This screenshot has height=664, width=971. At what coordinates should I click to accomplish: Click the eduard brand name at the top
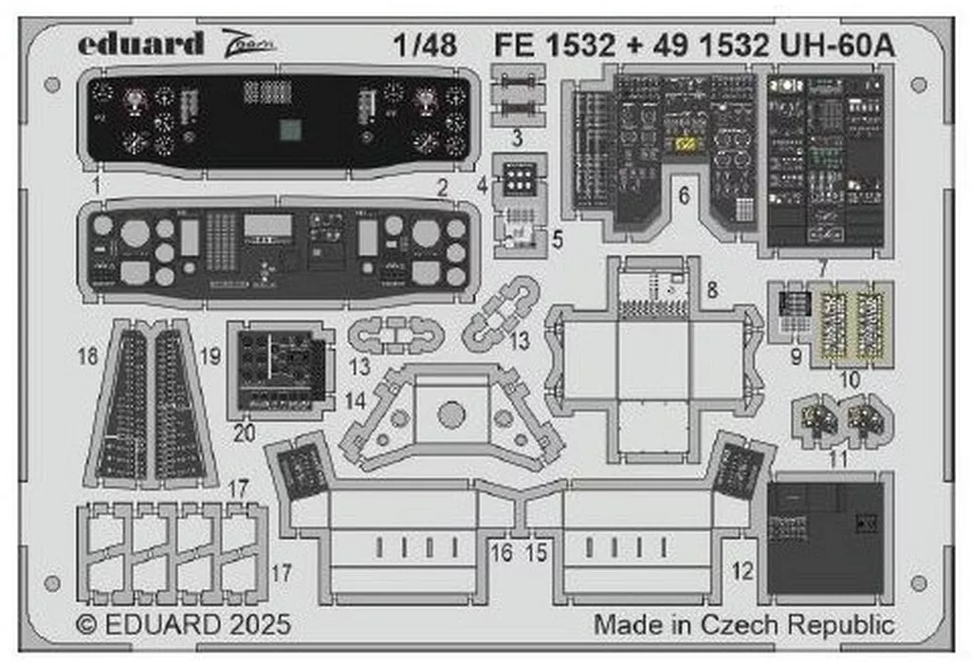140,43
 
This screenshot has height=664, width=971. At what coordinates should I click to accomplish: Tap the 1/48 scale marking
423,45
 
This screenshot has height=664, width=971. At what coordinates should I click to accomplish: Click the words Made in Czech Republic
743,625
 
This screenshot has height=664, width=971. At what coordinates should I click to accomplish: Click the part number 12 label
743,571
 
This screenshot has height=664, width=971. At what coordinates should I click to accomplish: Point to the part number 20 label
245,434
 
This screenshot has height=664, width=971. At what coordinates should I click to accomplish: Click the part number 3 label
516,138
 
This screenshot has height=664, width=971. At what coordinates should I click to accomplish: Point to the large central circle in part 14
452,414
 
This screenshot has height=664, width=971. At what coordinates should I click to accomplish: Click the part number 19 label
211,357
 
